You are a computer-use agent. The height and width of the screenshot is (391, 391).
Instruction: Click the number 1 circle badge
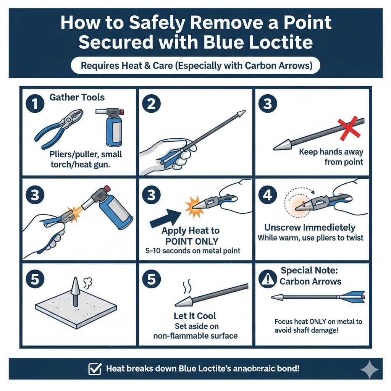click(x=35, y=104)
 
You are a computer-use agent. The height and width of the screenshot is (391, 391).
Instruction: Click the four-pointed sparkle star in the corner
click(x=370, y=370)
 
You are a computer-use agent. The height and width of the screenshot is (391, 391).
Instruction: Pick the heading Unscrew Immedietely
click(x=310, y=228)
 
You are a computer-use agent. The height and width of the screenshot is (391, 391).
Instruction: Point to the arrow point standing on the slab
click(x=75, y=291)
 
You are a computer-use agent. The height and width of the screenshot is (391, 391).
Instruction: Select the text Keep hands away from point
click(x=331, y=157)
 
